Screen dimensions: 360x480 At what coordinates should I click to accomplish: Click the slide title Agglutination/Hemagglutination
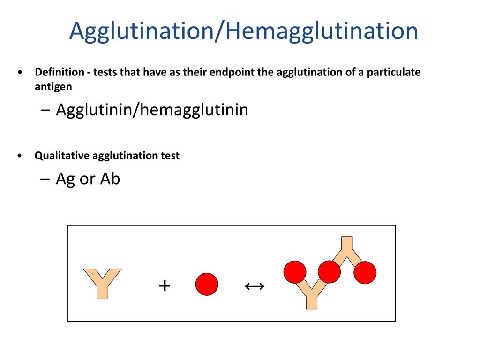coord(243,31)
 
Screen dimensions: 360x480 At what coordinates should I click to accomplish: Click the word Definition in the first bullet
coord(54,73)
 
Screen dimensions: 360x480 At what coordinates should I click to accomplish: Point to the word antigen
coord(53,87)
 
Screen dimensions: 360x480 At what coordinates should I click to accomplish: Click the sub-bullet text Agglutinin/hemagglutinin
coord(152,110)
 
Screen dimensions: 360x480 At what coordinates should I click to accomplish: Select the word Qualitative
coord(62,156)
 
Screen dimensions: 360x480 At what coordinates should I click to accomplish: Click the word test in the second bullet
coord(170,156)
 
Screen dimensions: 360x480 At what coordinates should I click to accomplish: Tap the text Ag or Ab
coord(88,179)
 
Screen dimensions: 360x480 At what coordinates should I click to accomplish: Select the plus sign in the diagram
coord(164,285)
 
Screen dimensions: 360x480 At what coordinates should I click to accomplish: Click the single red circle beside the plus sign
coord(207,284)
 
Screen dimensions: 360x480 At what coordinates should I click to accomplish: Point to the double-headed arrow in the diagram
coord(255,285)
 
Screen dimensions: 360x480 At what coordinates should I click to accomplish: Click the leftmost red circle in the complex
coord(295,271)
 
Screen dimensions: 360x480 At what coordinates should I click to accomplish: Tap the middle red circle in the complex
coord(329,271)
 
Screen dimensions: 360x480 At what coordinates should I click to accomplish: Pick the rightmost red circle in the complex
coord(365,273)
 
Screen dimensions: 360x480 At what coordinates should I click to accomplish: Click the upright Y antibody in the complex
coord(312,295)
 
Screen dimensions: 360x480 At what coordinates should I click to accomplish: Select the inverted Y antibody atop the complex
coord(346,248)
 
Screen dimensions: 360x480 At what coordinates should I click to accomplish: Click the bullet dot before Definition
coord(19,73)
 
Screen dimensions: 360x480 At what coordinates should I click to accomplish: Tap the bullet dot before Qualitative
coord(19,156)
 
